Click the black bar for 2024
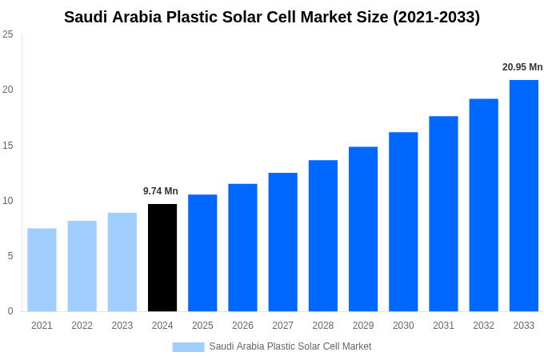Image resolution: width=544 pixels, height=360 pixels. (162, 258)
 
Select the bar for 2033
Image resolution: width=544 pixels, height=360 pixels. (524, 196)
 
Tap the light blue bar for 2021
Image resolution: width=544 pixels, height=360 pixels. (42, 270)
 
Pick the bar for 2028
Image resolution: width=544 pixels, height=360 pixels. (323, 236)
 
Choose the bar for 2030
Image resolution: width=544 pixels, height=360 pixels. (403, 222)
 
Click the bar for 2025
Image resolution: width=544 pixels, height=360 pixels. (202, 253)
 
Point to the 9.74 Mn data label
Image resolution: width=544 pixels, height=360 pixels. (161, 191)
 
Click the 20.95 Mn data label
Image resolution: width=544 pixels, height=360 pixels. (522, 67)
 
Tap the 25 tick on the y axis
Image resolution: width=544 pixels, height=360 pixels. (8, 34)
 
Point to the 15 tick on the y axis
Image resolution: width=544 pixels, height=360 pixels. (8, 145)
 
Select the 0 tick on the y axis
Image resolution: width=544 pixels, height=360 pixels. (10, 311)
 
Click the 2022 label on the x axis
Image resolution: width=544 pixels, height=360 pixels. (82, 326)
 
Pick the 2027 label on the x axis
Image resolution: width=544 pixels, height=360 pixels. (282, 326)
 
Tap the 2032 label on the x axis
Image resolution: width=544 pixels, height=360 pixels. (483, 326)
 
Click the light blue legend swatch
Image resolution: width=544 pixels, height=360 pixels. (188, 346)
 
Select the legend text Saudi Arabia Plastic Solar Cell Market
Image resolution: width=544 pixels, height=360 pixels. (290, 346)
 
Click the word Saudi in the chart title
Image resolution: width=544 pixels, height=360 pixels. (86, 17)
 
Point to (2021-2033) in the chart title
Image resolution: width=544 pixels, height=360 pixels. (436, 17)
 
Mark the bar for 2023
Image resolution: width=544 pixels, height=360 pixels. (122, 262)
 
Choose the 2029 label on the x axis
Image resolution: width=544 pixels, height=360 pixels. (363, 326)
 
